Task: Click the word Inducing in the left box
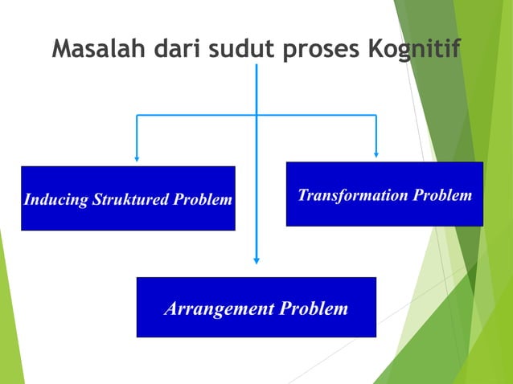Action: (55, 199)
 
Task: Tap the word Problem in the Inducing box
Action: (204, 199)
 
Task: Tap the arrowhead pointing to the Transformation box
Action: (376, 153)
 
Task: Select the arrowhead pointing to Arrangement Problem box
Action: (256, 259)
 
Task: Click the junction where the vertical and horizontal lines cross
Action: (256, 116)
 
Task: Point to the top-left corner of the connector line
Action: (137, 116)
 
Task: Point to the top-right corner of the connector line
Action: (376, 116)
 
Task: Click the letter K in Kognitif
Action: (374, 49)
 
